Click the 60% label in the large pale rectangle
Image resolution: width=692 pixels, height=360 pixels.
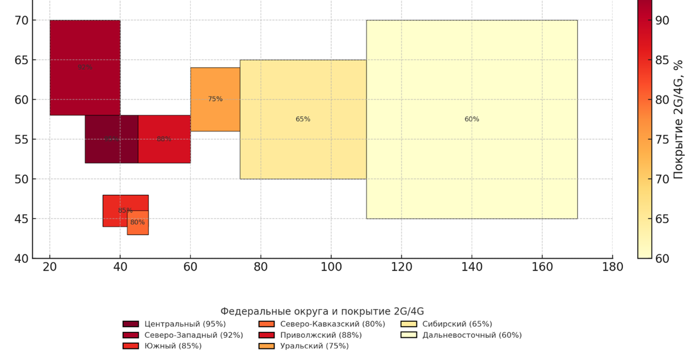point(472,119)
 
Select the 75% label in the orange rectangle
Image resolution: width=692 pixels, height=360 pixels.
point(215,99)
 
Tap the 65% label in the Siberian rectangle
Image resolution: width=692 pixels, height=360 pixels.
point(303,119)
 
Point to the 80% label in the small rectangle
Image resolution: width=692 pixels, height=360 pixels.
point(138,222)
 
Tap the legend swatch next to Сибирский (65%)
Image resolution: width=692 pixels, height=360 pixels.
point(408,324)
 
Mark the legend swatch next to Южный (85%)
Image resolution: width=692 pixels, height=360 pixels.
point(131,346)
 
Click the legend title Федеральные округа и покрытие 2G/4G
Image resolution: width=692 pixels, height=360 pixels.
point(322,311)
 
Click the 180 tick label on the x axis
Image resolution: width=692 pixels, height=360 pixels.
point(613,267)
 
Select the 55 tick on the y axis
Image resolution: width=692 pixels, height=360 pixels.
point(22,139)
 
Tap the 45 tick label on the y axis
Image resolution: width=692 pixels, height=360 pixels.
point(22,219)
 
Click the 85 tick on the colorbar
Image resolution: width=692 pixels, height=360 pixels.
point(662,60)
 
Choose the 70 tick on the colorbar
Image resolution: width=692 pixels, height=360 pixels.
point(662,179)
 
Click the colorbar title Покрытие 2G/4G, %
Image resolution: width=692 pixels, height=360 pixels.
point(678,119)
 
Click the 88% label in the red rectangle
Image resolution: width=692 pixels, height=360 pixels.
point(164,139)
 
